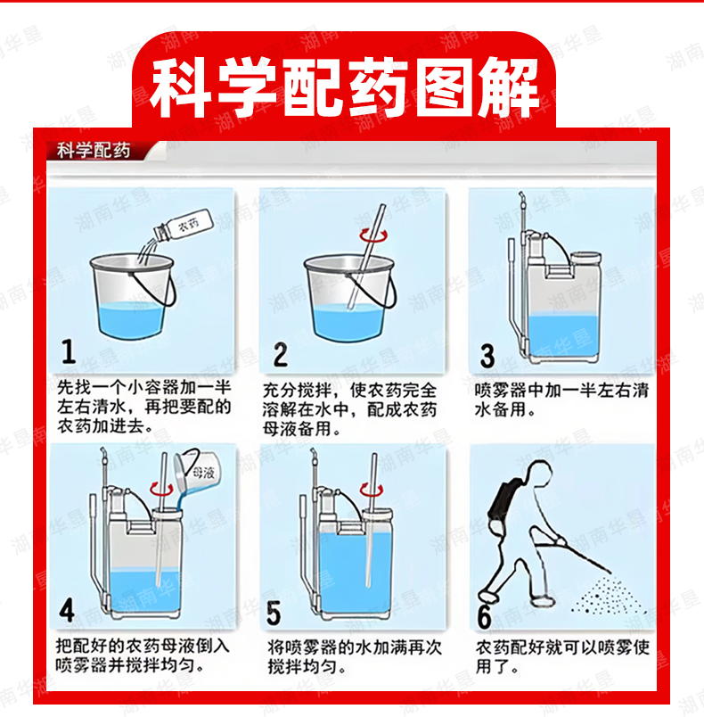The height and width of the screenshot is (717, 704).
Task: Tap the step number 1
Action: pyautogui.click(x=69, y=351)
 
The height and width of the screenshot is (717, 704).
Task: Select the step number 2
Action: pyautogui.click(x=281, y=354)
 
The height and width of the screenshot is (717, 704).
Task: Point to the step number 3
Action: pyautogui.click(x=487, y=356)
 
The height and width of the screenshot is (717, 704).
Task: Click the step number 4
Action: pyautogui.click(x=67, y=611)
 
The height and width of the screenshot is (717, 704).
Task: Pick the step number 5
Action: pyautogui.click(x=274, y=613)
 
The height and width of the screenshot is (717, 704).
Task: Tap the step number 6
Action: pyautogui.click(x=484, y=616)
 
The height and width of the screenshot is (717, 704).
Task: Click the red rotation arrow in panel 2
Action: pyautogui.click(x=373, y=236)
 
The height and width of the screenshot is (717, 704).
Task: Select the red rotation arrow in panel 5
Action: pyautogui.click(x=371, y=490)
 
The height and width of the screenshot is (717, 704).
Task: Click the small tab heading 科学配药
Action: pyautogui.click(x=94, y=151)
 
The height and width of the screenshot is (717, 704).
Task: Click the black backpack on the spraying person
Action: pyautogui.click(x=504, y=499)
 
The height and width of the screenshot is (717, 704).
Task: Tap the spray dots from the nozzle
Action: pyautogui.click(x=608, y=596)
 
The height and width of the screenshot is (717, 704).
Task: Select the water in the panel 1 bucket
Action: pyautogui.click(x=131, y=320)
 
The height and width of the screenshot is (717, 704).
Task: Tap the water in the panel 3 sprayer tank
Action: pyautogui.click(x=563, y=336)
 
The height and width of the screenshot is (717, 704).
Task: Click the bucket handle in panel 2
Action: pyautogui.click(x=372, y=289)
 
